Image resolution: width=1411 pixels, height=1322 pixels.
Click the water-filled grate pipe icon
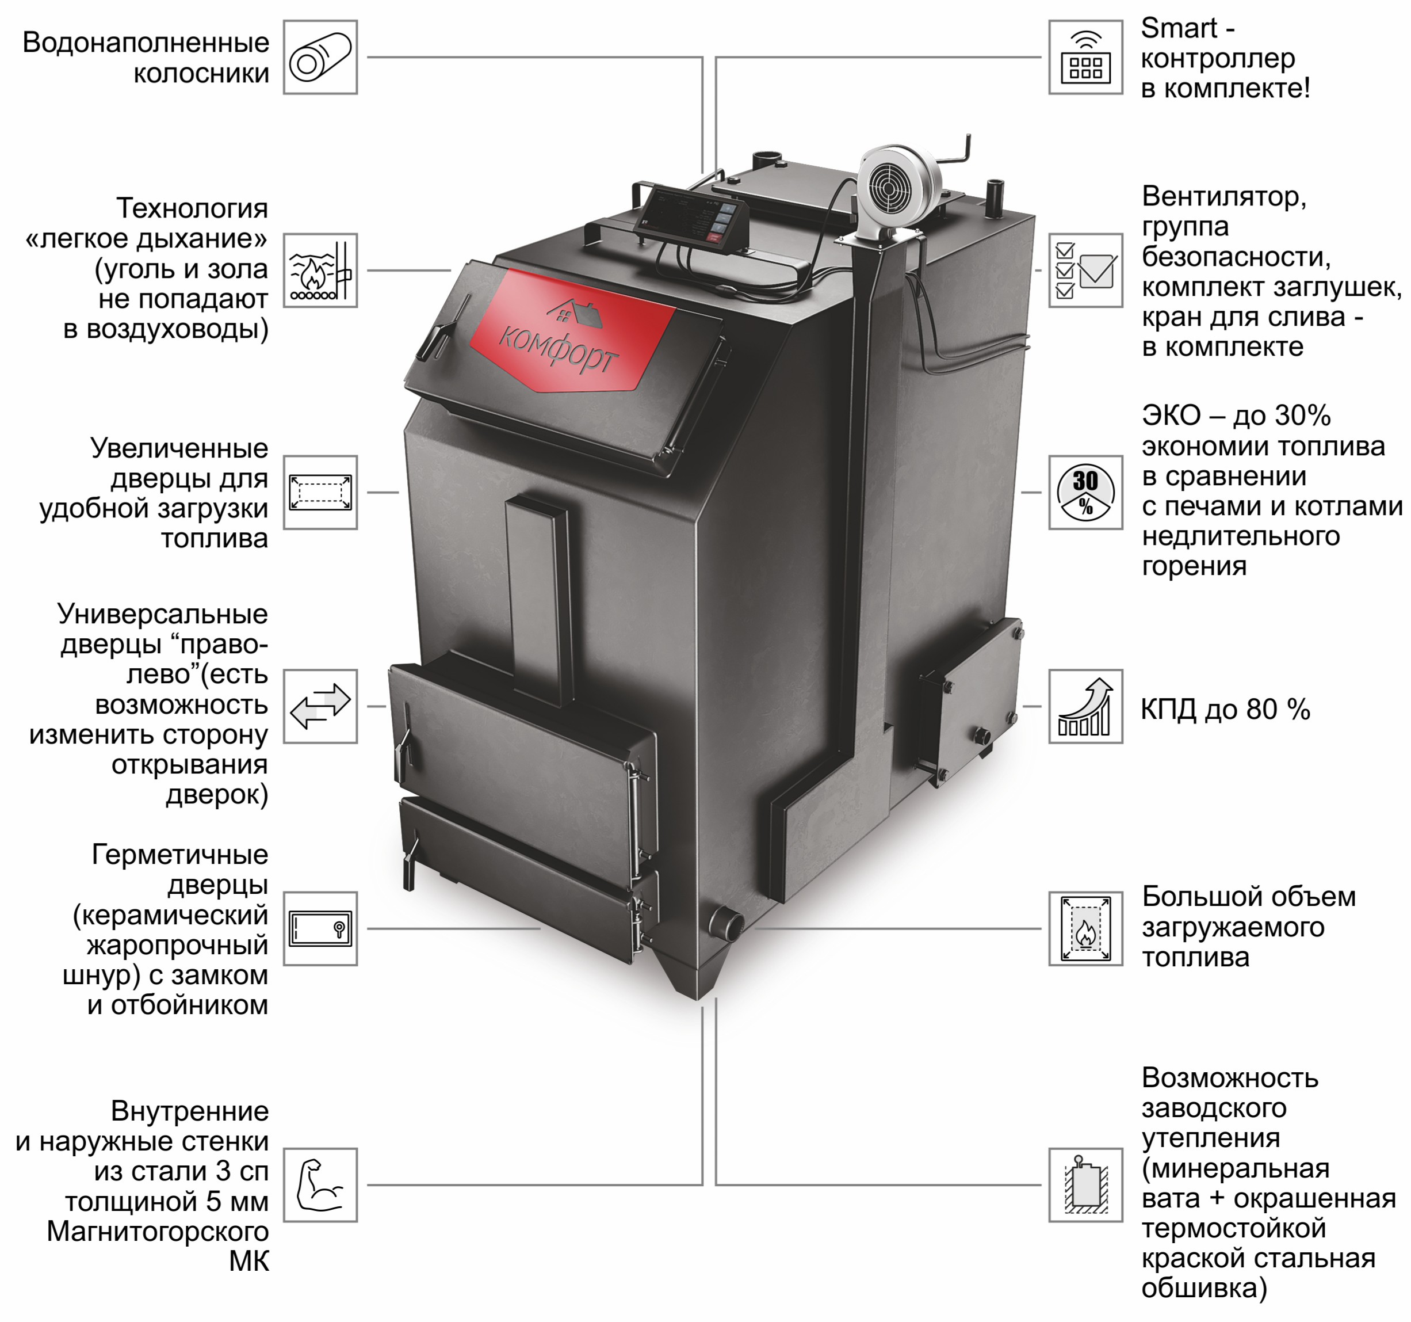[x=320, y=58]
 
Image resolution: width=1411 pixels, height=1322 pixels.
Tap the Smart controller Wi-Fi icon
[x=1085, y=58]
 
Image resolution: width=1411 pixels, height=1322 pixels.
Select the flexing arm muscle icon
[x=320, y=1185]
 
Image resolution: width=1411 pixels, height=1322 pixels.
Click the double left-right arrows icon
[x=320, y=706]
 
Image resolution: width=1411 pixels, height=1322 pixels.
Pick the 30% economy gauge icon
[x=1085, y=493]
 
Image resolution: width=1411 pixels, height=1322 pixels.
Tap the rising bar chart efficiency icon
[x=1085, y=706]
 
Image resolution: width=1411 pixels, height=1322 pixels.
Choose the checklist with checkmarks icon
[x=1085, y=271]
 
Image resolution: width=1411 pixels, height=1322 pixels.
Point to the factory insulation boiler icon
[x=1085, y=1185]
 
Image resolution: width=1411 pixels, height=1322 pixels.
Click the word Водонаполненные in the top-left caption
[x=146, y=43]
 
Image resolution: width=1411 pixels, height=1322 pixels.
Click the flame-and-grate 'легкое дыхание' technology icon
[x=320, y=271]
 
